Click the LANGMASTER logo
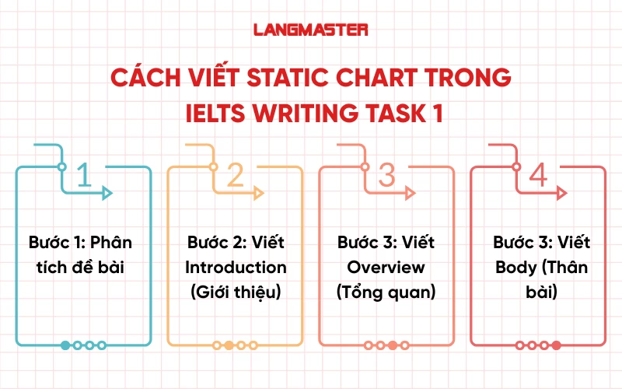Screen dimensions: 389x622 click(x=311, y=30)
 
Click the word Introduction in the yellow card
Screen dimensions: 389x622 click(x=236, y=267)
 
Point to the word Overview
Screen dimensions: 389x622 click(x=386, y=267)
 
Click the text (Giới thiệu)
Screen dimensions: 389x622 click(x=236, y=292)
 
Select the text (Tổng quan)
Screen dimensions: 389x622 click(x=386, y=292)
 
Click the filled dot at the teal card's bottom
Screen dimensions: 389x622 click(x=65, y=345)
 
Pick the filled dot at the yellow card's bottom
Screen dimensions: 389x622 click(x=229, y=345)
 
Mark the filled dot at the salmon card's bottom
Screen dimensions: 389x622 click(x=393, y=345)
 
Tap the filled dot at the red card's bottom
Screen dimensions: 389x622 click(x=556, y=345)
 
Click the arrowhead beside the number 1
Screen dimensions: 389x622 click(x=108, y=193)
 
